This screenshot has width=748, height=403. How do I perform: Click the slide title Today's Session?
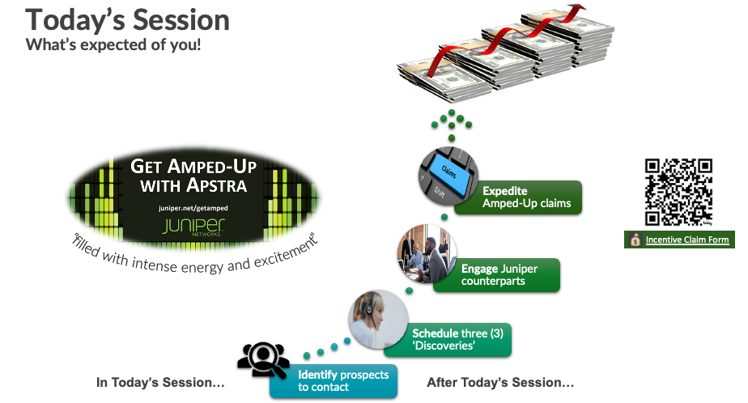click(x=128, y=19)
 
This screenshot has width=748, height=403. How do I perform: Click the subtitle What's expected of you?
click(x=113, y=45)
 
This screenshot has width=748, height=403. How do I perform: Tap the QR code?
click(x=678, y=192)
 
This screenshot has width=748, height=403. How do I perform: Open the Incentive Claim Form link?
click(x=686, y=240)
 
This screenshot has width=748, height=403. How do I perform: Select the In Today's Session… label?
click(x=160, y=382)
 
